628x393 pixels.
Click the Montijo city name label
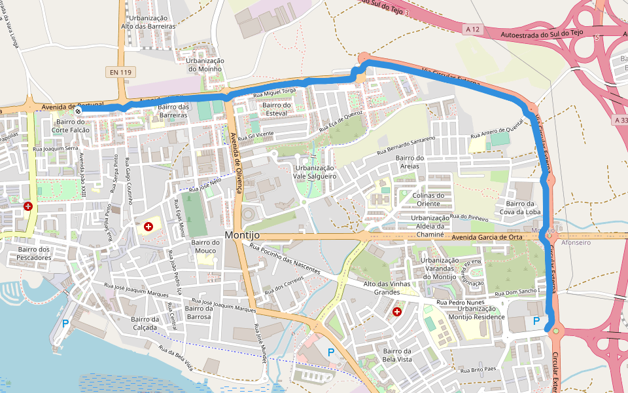tap(242, 235)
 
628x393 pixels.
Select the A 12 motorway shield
tap(473, 29)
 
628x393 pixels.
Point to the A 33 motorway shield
tap(621, 120)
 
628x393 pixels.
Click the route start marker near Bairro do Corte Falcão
tap(78, 111)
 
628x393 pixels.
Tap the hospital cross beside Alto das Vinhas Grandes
tap(396, 312)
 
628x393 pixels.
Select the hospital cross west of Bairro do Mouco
tap(148, 227)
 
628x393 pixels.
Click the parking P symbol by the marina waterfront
tap(65, 323)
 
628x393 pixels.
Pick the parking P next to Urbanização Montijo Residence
tap(536, 321)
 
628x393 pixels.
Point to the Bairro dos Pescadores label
tap(35, 253)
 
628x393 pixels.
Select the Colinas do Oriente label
tap(428, 199)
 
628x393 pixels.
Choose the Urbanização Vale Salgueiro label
tap(314, 172)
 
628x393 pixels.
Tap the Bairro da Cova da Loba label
tap(519, 208)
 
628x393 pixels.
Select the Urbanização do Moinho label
tap(205, 65)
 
